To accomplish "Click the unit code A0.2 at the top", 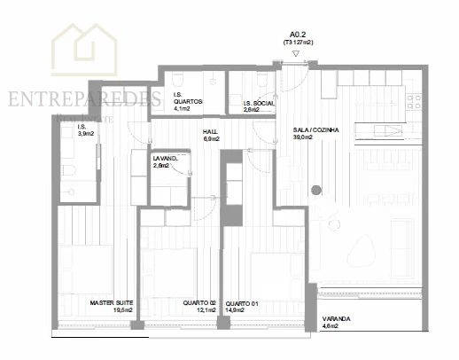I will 297,32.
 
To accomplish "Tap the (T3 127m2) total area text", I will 298,41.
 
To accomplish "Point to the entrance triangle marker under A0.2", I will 297,52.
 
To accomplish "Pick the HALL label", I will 212,130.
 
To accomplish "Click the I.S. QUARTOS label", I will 188,101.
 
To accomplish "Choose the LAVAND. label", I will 166,158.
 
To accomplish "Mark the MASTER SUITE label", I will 112,303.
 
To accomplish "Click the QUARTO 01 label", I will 242,303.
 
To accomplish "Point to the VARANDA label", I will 334,318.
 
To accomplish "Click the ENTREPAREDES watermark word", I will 84,97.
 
